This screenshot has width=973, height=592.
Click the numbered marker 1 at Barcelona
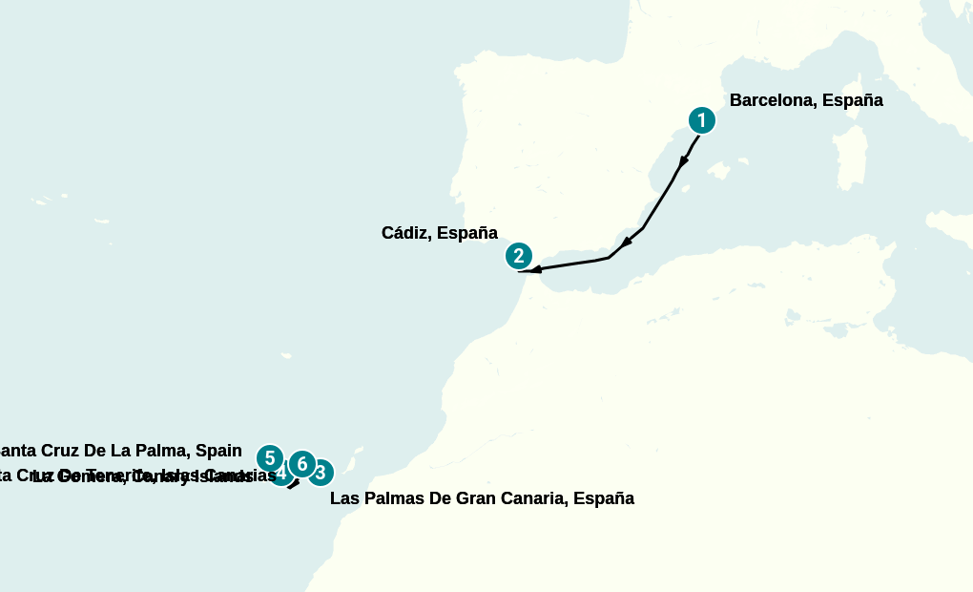[x=701, y=120]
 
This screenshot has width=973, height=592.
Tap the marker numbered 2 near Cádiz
[x=518, y=256]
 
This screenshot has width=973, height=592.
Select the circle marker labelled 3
[x=321, y=472]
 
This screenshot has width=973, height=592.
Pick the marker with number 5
[x=270, y=458]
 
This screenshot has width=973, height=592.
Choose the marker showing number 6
[x=301, y=464]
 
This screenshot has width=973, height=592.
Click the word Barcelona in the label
[x=770, y=100]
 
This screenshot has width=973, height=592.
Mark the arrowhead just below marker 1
[x=683, y=161]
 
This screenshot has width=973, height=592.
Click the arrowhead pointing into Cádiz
[x=536, y=270]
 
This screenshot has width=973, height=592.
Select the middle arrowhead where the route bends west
[x=627, y=243]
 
